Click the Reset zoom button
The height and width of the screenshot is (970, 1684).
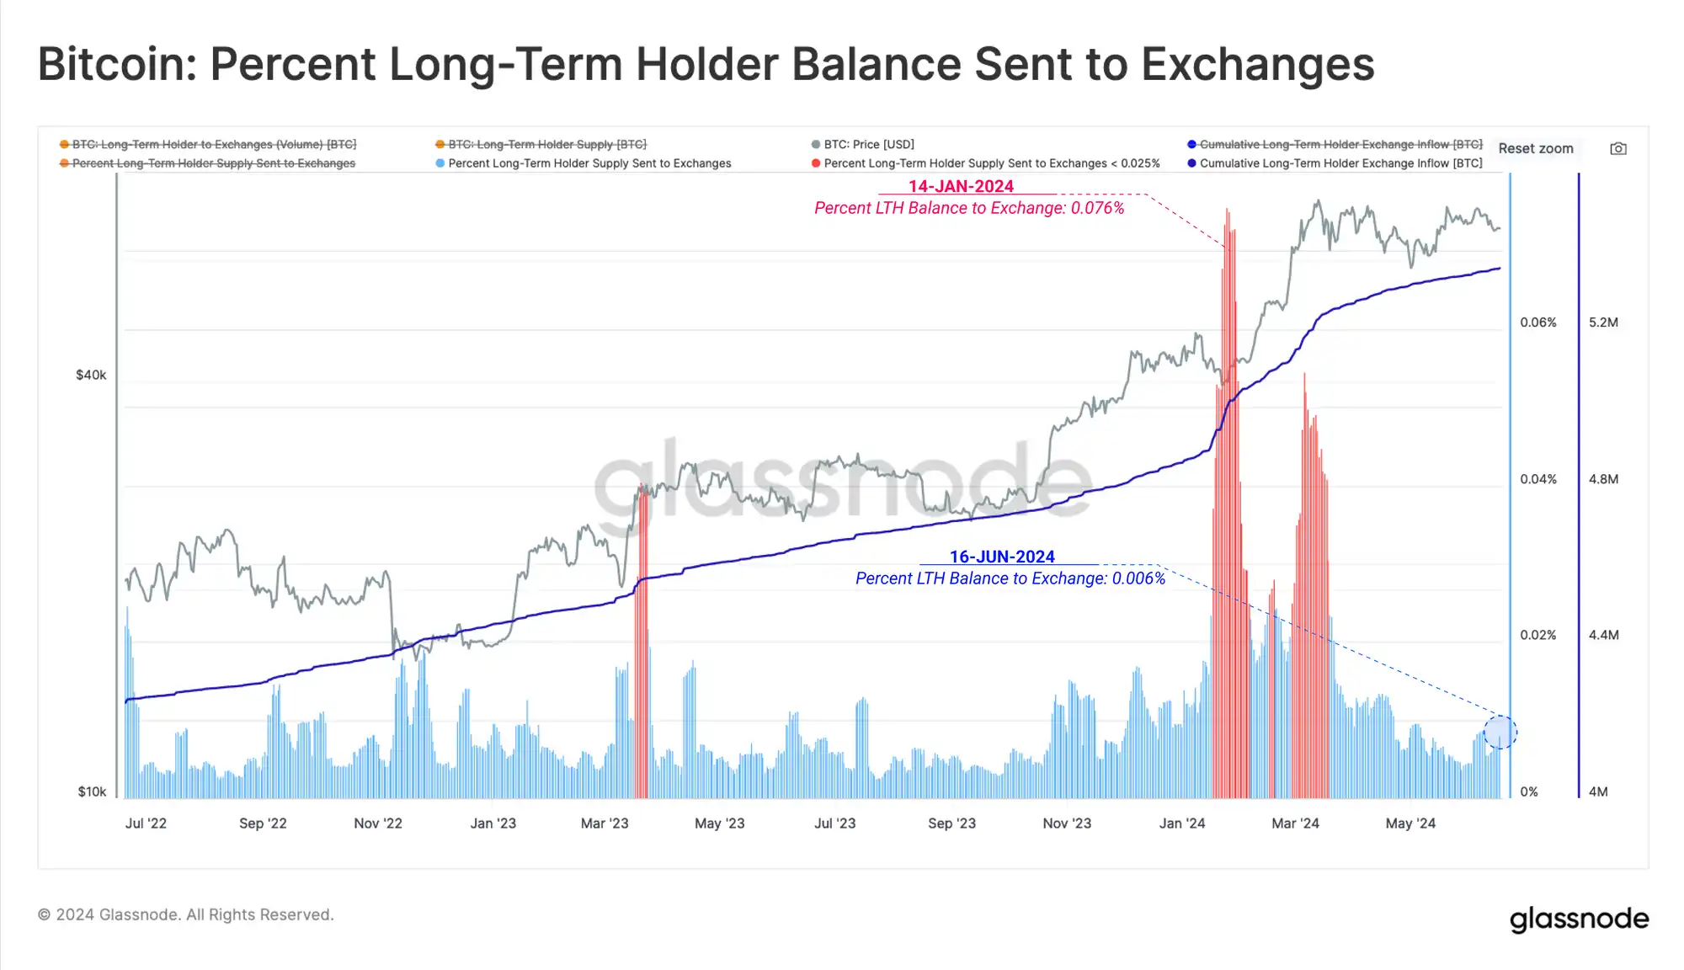pyautogui.click(x=1535, y=149)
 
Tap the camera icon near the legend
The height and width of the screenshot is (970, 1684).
pyautogui.click(x=1617, y=149)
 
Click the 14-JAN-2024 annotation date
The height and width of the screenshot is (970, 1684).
pyautogui.click(x=961, y=187)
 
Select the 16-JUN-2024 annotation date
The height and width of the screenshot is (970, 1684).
pyautogui.click(x=1002, y=557)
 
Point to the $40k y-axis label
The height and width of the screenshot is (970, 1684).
pyautogui.click(x=91, y=376)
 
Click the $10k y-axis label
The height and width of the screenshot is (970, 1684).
pyautogui.click(x=92, y=792)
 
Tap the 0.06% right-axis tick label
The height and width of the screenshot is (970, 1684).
pyautogui.click(x=1537, y=322)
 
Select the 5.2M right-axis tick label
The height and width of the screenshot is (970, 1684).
pyautogui.click(x=1603, y=322)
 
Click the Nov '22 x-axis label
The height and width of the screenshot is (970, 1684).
pyautogui.click(x=378, y=823)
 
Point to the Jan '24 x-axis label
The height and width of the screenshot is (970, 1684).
pyautogui.click(x=1182, y=823)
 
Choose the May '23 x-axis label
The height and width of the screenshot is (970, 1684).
pyautogui.click(x=720, y=823)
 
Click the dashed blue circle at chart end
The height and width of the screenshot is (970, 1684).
pyautogui.click(x=1500, y=732)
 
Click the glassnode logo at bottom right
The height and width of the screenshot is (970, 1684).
pyautogui.click(x=1579, y=919)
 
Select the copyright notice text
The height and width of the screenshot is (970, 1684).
pyautogui.click(x=186, y=915)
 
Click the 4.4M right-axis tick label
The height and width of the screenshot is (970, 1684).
pyautogui.click(x=1603, y=636)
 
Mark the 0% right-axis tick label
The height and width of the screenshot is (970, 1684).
pyautogui.click(x=1529, y=792)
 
